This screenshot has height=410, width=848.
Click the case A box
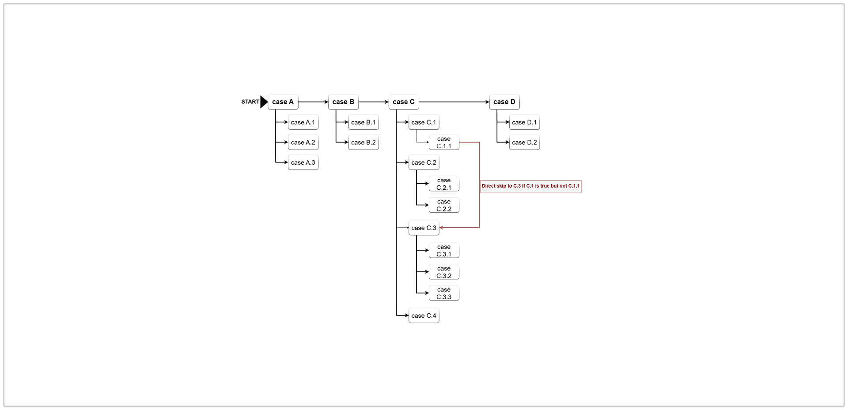pyautogui.click(x=283, y=102)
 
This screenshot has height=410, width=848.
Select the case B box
pyautogui.click(x=343, y=102)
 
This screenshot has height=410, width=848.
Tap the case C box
pyautogui.click(x=404, y=102)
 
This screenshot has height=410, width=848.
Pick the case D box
pyautogui.click(x=504, y=102)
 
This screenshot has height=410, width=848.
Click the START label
pyautogui.click(x=250, y=102)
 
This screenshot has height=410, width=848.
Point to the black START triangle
pyautogui.click(x=264, y=102)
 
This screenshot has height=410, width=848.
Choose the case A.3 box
pyautogui.click(x=303, y=162)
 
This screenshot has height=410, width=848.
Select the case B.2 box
pyautogui.click(x=363, y=143)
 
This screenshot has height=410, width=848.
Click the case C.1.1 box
pyautogui.click(x=444, y=143)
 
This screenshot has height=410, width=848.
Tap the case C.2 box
pyautogui.click(x=424, y=162)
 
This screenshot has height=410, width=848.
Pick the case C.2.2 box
pyautogui.click(x=444, y=205)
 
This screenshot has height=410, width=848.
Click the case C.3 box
pyautogui.click(x=424, y=228)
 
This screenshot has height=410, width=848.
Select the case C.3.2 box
pyautogui.click(x=444, y=272)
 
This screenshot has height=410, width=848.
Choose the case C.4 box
pyautogui.click(x=424, y=316)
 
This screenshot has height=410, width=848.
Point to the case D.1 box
pyautogui.click(x=525, y=122)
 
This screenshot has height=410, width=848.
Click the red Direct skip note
pyautogui.click(x=531, y=186)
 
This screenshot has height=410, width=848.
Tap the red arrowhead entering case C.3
pyautogui.click(x=441, y=228)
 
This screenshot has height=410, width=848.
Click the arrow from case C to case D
pyautogui.click(x=454, y=102)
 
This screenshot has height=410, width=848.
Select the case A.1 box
pyautogui.click(x=303, y=122)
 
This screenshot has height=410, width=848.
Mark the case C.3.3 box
pyautogui.click(x=444, y=293)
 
